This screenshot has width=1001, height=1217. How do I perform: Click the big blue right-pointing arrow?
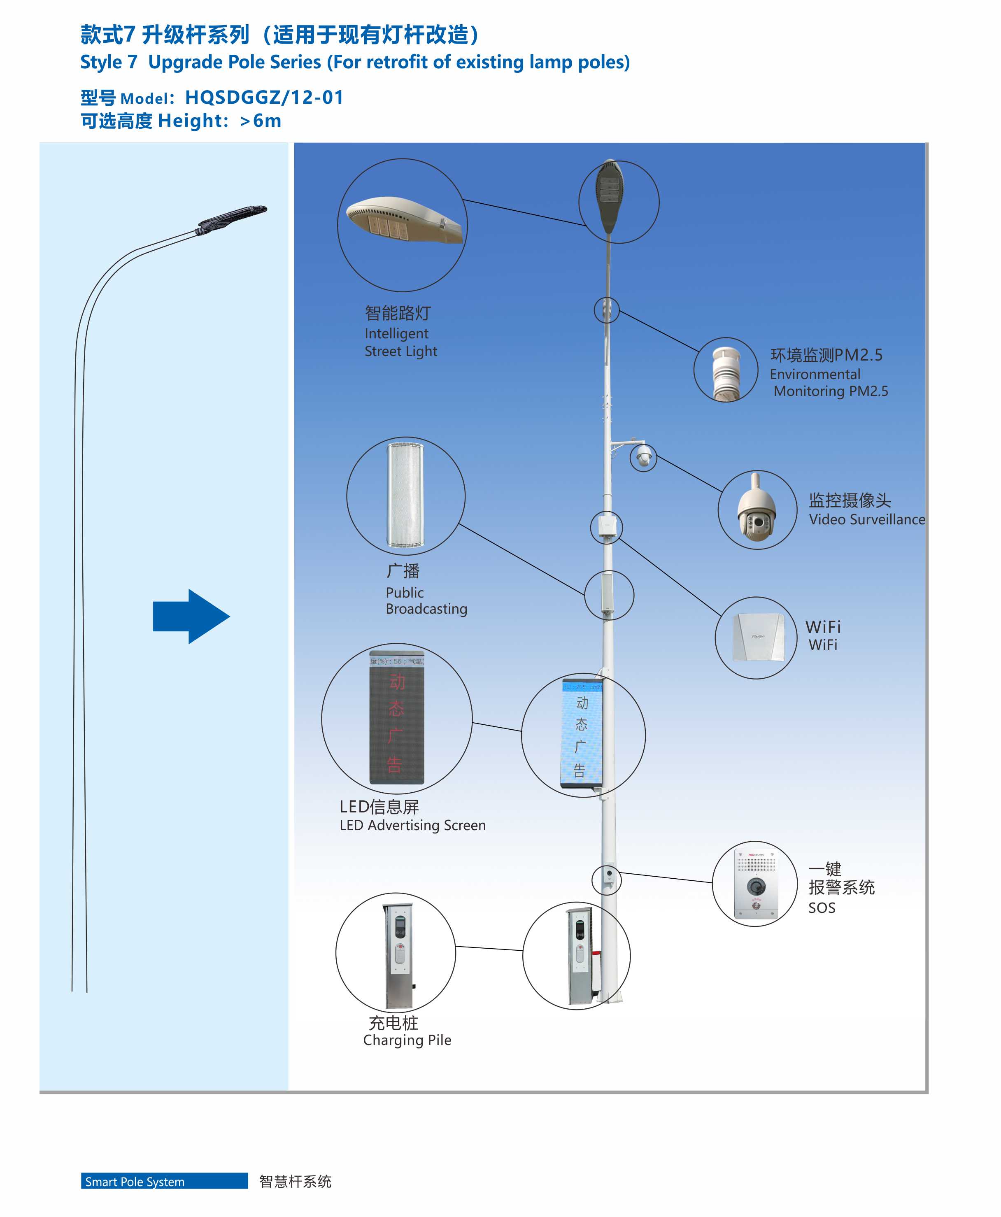191,616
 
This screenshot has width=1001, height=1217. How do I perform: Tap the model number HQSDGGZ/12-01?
264,98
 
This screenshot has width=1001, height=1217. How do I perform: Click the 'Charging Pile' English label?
407,1040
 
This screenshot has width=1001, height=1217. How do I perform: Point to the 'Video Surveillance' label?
867,519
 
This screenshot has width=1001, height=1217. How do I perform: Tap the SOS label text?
822,908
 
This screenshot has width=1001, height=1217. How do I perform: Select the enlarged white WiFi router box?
758,637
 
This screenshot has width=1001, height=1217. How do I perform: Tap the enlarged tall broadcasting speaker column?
406,495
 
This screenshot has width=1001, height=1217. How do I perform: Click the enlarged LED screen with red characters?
397,718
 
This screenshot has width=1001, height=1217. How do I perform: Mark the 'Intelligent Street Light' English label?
401,342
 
